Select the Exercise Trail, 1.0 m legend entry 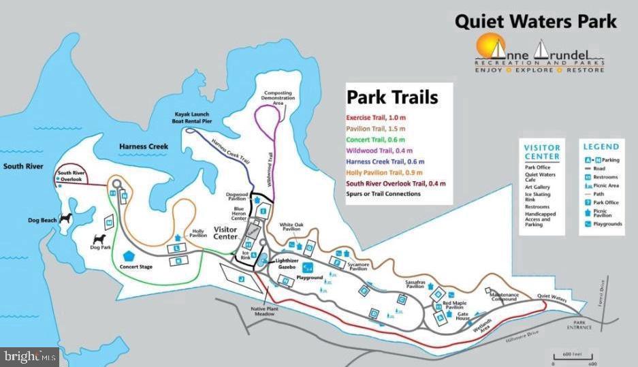point(375,117)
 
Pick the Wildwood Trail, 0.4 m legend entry point(379,150)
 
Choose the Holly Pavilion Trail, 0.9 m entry point(386,172)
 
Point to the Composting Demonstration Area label point(278,98)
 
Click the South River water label point(22,166)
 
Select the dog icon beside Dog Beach point(66,219)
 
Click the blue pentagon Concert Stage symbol point(128,257)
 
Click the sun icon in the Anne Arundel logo point(486,48)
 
